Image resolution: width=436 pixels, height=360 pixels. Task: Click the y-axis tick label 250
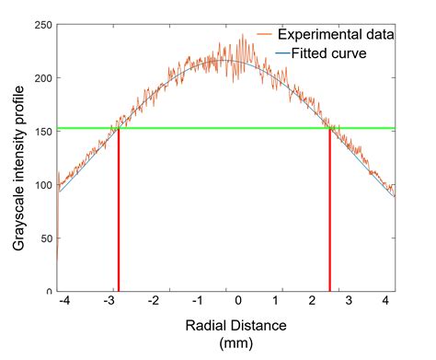click(x=42, y=24)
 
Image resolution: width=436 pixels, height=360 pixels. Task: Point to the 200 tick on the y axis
click(x=42, y=77)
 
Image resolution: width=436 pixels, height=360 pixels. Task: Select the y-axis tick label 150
click(x=42, y=132)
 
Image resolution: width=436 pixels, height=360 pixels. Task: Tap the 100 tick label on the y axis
click(x=42, y=185)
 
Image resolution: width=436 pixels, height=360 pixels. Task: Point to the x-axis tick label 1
click(x=281, y=302)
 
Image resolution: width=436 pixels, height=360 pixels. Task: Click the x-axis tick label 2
click(x=324, y=302)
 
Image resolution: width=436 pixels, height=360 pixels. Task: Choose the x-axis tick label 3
click(x=366, y=302)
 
